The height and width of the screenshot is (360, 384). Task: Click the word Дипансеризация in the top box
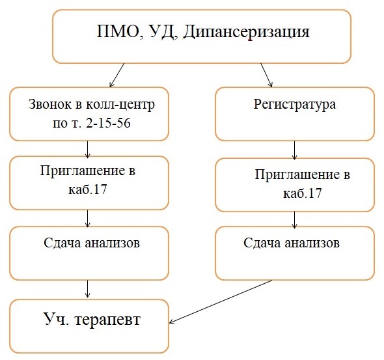pos(247,32)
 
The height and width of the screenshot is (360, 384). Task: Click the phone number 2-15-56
pos(109,122)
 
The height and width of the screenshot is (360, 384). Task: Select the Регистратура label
pos(295,105)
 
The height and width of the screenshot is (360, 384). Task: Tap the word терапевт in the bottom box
pos(107,320)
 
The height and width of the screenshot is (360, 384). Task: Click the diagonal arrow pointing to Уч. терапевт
pos(221,301)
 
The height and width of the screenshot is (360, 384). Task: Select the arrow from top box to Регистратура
pos(266,75)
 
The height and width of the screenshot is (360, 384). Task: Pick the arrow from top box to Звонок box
pos(117,75)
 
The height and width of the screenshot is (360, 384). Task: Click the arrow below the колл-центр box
pos(88,149)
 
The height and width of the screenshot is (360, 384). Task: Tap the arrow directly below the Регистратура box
pos(295,150)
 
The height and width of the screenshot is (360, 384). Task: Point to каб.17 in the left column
pos(88,189)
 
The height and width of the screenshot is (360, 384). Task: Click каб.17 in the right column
pos(303,193)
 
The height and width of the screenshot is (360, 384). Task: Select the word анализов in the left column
pos(113,243)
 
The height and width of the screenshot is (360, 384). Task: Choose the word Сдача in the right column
pos(262,243)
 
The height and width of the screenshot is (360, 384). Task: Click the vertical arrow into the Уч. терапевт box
pos(88,289)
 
